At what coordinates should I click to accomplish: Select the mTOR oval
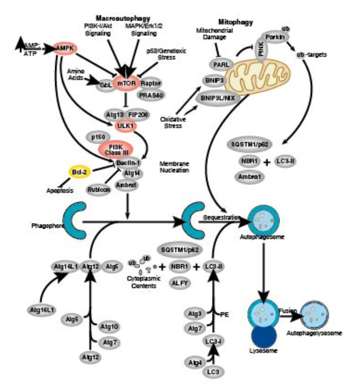pos(125,83)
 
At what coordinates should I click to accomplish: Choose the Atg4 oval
pos(194,364)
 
